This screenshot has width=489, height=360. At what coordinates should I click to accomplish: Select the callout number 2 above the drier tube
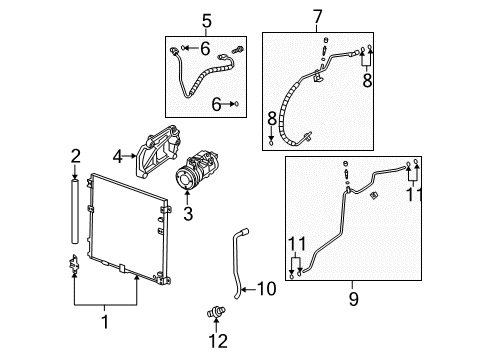pyautogui.click(x=75, y=155)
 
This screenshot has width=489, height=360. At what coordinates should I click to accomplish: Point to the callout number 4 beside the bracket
pyautogui.click(x=118, y=155)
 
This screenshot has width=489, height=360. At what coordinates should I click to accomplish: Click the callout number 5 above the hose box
pyautogui.click(x=206, y=19)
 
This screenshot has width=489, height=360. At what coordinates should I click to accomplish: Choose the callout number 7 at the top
pyautogui.click(x=319, y=17)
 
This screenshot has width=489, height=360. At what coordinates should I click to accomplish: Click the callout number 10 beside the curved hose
pyautogui.click(x=265, y=289)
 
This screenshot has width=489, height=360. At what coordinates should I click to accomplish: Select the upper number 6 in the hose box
pyautogui.click(x=205, y=48)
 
